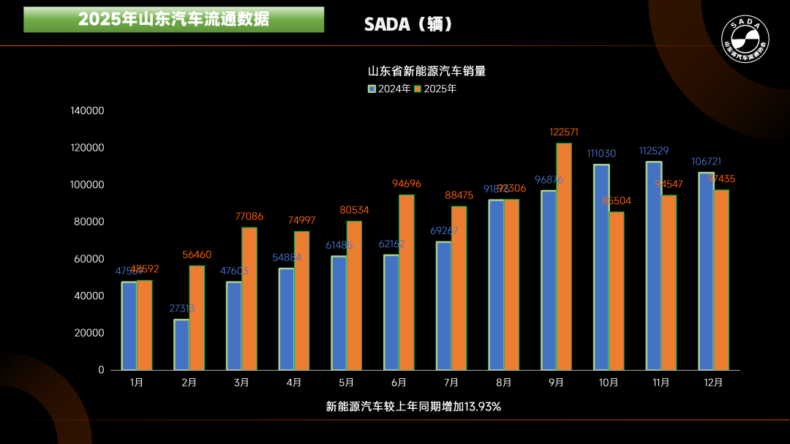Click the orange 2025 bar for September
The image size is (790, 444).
[x=564, y=256]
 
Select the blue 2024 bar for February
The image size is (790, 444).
[x=181, y=345]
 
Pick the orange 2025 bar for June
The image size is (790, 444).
[x=407, y=282]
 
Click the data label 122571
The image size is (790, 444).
[x=564, y=132]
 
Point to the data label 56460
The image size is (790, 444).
[x=197, y=255]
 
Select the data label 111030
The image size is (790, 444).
[x=601, y=154]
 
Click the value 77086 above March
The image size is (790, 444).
[x=249, y=217]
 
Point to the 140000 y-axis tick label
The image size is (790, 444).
[x=88, y=111]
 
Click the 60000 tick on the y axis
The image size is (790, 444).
[x=90, y=259]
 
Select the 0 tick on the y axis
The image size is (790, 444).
[x=101, y=370]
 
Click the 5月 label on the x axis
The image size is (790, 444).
[x=347, y=383]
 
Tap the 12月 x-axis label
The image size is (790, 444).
[x=713, y=383]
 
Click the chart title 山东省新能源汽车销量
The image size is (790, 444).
[x=426, y=71]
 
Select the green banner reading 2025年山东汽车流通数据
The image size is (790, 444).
[x=174, y=20]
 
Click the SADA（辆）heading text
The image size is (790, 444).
[x=409, y=25]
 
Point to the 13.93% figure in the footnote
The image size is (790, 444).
[x=482, y=407]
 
